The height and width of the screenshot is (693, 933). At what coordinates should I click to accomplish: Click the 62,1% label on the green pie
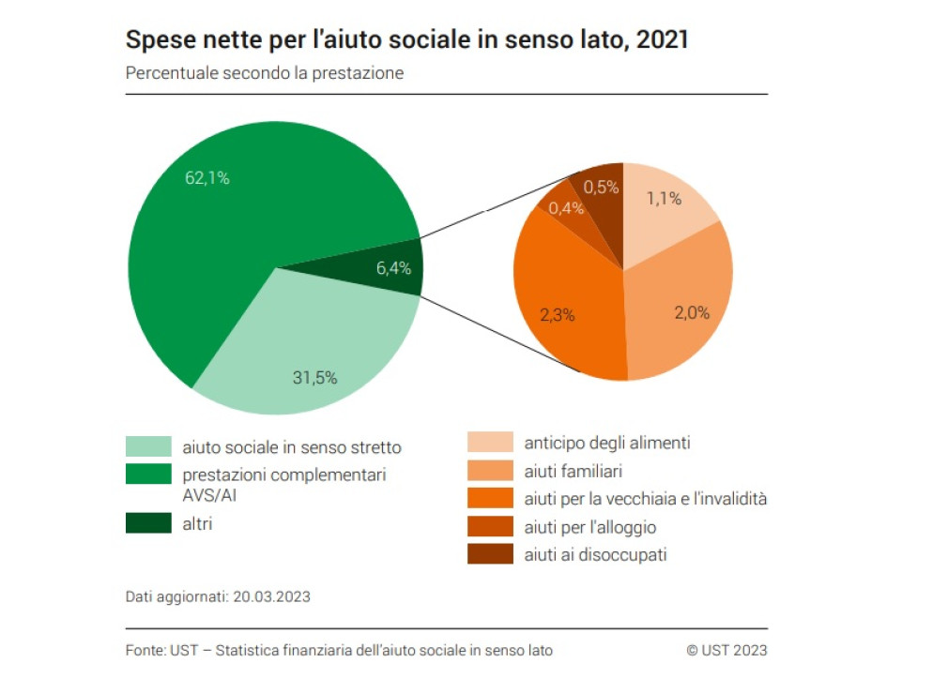point(207,178)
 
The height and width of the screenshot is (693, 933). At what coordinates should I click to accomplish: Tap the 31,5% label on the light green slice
point(314,377)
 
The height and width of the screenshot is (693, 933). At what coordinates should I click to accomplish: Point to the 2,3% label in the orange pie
point(557,314)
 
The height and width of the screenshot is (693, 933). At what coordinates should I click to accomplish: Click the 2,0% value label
point(692,312)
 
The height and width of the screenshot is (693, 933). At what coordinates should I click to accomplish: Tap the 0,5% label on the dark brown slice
point(601,188)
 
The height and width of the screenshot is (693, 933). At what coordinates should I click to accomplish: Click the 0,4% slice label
point(566,208)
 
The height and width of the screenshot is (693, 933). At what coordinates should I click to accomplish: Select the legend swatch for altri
point(148,523)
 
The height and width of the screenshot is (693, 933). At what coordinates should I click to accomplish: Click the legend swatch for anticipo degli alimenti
point(490,443)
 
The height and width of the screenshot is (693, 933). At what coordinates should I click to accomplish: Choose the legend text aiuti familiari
point(573,472)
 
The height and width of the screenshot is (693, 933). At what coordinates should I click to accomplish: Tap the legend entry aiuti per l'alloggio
point(589,527)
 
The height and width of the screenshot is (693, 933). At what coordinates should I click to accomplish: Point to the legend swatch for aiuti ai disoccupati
point(490,554)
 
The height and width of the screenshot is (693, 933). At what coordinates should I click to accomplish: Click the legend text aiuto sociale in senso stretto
point(292,447)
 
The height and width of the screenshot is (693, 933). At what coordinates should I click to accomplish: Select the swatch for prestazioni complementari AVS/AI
point(148,475)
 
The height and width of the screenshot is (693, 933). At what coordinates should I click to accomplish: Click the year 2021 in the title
point(663,39)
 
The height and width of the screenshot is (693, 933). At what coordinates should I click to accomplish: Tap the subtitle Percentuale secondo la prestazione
point(264,73)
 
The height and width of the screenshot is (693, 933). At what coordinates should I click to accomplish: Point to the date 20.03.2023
point(271,596)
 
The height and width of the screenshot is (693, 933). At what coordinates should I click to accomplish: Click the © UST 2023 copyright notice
point(727,650)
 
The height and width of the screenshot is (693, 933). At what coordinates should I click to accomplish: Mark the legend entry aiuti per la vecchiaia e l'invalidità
point(645,499)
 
